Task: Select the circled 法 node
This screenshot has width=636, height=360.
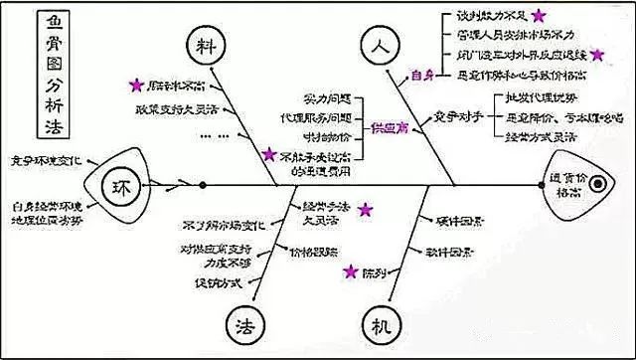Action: point(244,323)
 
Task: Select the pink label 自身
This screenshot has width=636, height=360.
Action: point(422,75)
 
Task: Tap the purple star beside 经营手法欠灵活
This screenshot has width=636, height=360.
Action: point(366,210)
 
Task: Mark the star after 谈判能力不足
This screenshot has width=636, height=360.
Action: point(538,16)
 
